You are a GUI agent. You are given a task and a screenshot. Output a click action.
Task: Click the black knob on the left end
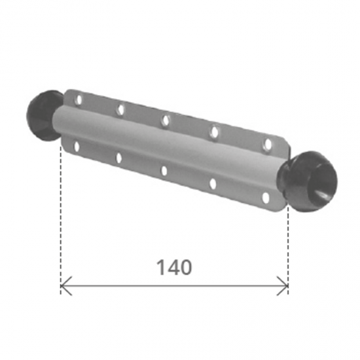(x=43, y=115)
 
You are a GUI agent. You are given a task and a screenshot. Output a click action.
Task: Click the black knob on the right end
(x=308, y=181)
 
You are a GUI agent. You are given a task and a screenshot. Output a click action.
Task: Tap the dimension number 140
(x=174, y=268)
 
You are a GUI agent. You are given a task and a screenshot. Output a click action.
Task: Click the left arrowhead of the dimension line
(x=66, y=286)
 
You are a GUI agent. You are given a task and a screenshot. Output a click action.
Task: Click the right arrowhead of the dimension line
(x=283, y=286)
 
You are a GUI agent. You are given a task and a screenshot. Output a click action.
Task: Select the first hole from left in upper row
(x=79, y=99)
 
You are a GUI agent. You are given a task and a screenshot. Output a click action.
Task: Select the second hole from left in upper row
(x=121, y=109)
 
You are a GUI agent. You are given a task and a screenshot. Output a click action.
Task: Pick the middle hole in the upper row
(x=166, y=120)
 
